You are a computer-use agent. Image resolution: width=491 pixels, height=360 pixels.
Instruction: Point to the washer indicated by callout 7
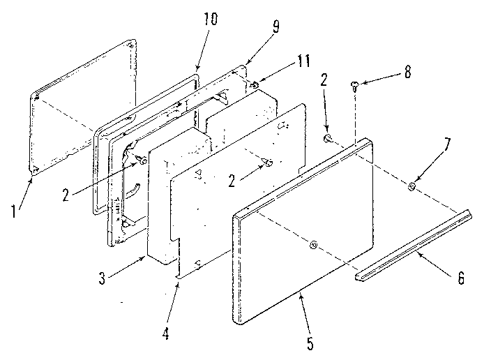[x=412, y=187]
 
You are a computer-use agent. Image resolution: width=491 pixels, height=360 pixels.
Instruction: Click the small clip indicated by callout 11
[x=255, y=85]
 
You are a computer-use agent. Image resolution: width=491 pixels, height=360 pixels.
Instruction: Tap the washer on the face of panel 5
[x=313, y=244]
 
